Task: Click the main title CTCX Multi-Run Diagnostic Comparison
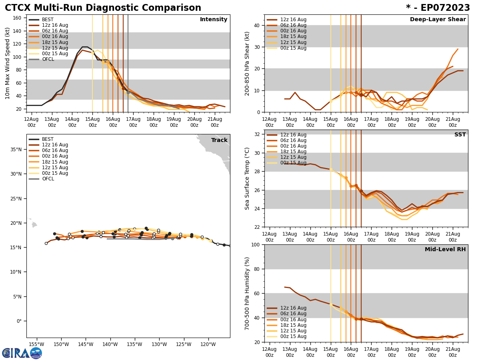point(103,8)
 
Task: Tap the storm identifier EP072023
point(442,8)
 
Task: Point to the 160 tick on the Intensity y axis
point(18,18)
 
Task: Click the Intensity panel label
point(213,20)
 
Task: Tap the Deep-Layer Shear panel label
point(438,20)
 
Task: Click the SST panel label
point(460,135)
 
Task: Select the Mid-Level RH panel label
point(445,250)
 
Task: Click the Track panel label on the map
point(219,140)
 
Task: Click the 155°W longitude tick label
point(36,344)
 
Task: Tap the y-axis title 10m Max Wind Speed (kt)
point(7,63)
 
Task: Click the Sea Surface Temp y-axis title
point(247,178)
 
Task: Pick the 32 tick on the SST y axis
point(257,134)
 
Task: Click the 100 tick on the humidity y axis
point(255,245)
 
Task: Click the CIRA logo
point(22,353)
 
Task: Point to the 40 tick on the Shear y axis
point(257,26)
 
